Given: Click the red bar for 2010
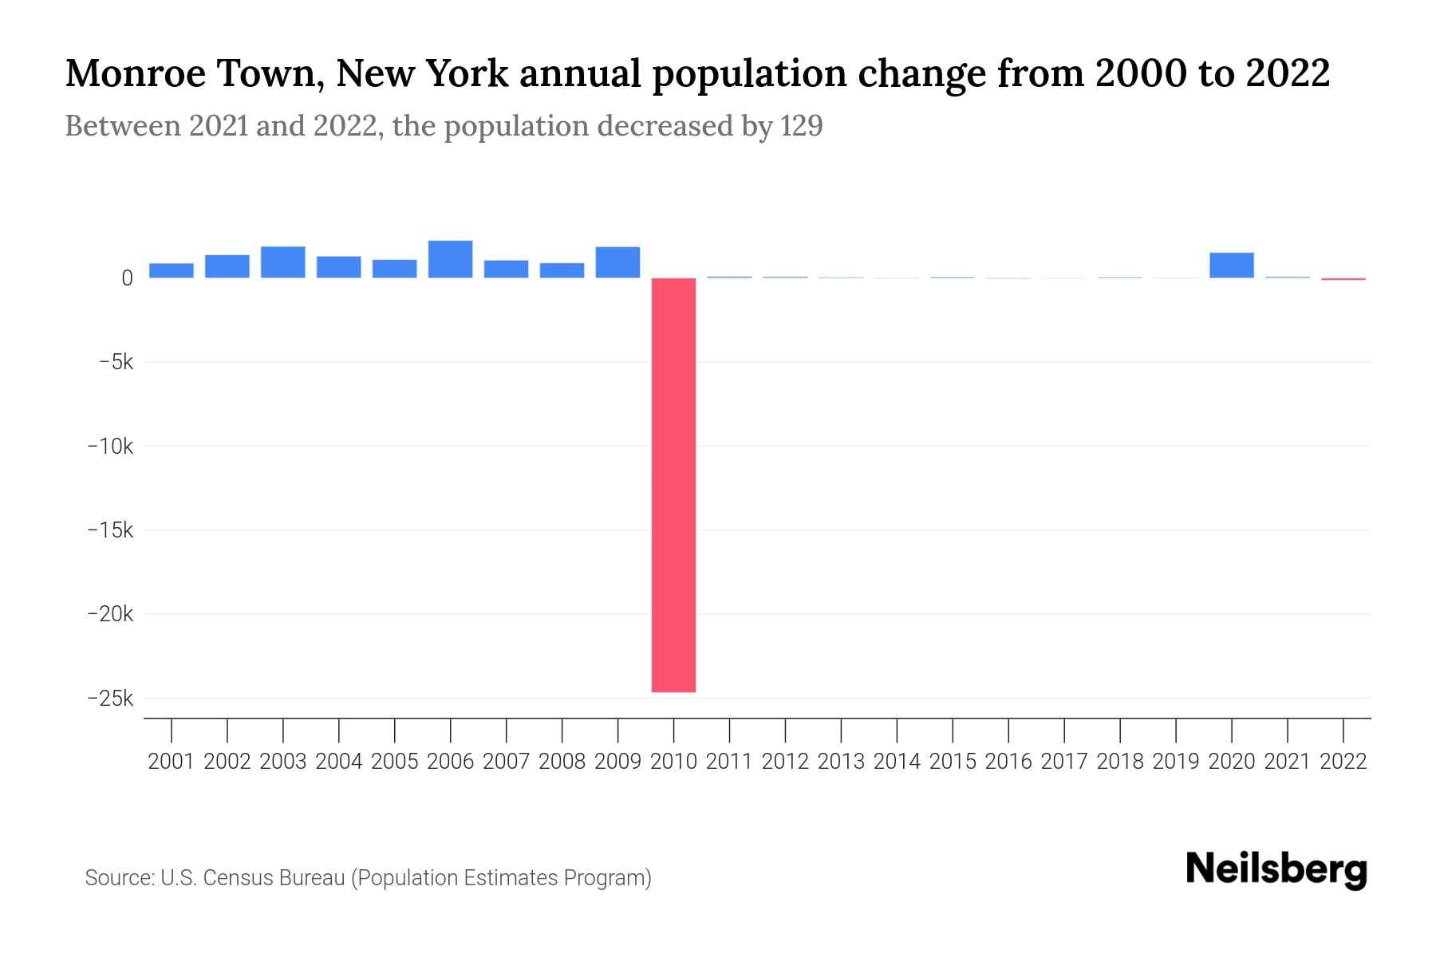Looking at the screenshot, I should click(673, 484).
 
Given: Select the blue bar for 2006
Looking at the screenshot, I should click(450, 259).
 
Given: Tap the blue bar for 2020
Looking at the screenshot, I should click(1231, 265).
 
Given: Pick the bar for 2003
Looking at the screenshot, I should click(282, 262).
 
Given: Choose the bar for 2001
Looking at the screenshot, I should click(171, 270).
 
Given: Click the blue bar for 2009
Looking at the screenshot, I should click(617, 262).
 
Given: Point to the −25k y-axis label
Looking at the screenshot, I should click(111, 699).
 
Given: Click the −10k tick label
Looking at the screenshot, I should click(111, 447).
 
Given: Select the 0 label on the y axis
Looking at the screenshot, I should click(127, 278).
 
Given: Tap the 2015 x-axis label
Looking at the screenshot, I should click(953, 762).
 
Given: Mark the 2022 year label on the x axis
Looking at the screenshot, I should click(1343, 762).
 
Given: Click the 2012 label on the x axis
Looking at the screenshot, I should click(785, 762).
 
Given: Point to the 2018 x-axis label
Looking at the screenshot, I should click(1120, 762).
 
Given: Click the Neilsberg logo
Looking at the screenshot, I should click(1276, 869).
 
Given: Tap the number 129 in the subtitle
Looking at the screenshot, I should click(801, 126).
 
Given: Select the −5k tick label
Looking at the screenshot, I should click(116, 362).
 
